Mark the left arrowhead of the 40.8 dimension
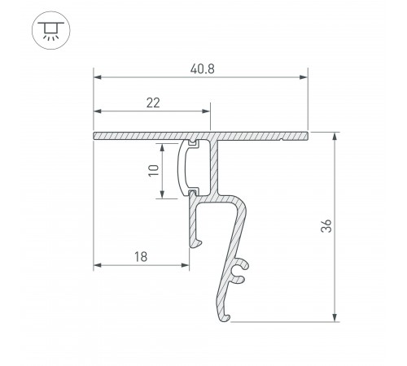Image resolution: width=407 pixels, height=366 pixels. pyautogui.click(x=98, y=78)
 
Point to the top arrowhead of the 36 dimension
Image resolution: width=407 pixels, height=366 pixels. pyautogui.click(x=335, y=135)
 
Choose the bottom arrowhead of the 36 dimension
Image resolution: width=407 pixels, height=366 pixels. pyautogui.click(x=335, y=317)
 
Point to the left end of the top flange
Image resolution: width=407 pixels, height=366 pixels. pyautogui.click(x=96, y=134)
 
